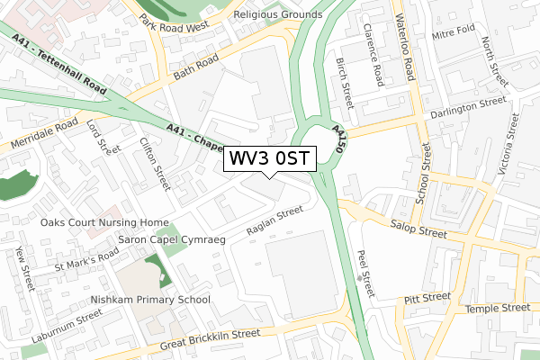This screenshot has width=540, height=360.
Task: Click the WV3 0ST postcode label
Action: point(269,158)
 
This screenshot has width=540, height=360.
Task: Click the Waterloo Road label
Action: point(409,42)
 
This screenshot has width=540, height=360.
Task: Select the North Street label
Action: point(489,55)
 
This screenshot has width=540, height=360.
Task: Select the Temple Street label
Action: point(497,309)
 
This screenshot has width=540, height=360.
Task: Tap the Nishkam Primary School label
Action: point(151,300)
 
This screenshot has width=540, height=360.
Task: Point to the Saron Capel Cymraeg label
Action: point(170,240)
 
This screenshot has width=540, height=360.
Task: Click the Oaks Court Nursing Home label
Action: point(104,222)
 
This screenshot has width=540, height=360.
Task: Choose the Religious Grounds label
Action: point(277,14)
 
